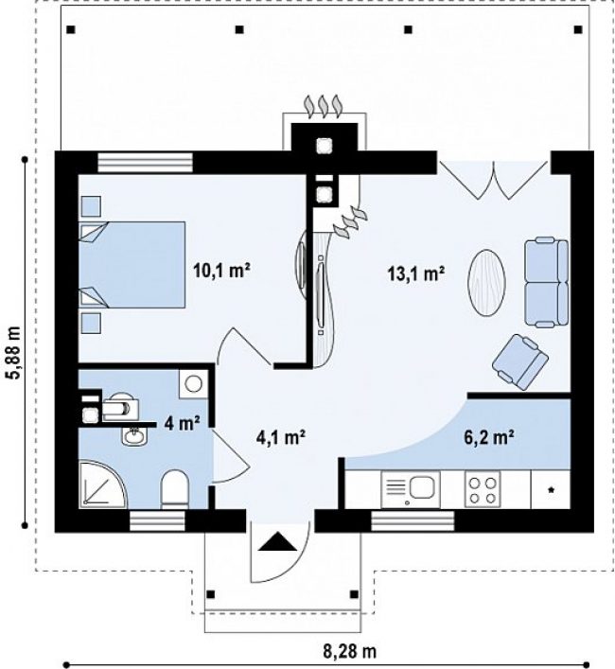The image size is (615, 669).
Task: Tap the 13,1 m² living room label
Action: [416, 273]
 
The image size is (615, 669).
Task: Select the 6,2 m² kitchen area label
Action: [488, 437]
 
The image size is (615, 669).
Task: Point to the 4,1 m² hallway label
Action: [281, 437]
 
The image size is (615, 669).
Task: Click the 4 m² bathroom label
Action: [182, 423]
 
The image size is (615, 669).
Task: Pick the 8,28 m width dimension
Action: [349, 652]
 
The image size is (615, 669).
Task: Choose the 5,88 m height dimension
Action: [14, 352]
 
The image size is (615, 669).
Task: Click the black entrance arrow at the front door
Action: [277, 542]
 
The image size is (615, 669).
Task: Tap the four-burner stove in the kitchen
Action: [483, 489]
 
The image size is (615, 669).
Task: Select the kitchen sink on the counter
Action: [411, 490]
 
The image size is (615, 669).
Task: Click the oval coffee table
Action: [486, 282]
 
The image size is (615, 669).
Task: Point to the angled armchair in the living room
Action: [519, 361]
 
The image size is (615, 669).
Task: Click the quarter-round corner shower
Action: [103, 484]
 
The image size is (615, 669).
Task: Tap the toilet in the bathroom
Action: [175, 489]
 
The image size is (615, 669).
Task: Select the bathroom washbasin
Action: [134, 436]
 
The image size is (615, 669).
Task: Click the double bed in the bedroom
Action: [132, 265]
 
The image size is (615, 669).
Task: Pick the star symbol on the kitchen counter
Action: [551, 490]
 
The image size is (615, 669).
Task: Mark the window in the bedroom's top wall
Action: [145, 162]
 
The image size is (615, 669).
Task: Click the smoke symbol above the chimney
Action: [324, 105]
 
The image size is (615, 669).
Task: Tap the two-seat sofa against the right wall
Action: [546, 283]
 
